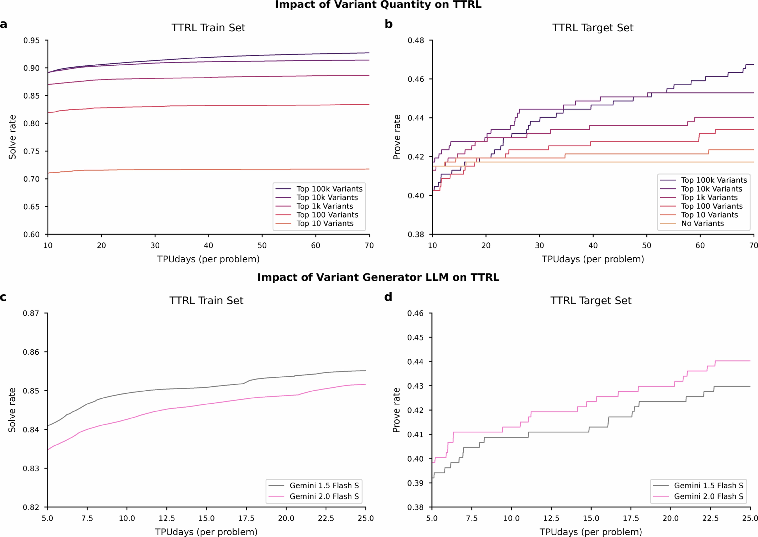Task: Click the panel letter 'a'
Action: tap(4, 24)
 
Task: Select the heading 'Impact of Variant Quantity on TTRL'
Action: tap(378, 5)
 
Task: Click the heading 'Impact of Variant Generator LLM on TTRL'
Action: tap(378, 277)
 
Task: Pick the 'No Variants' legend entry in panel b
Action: tap(702, 224)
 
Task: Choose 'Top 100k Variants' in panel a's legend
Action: tap(329, 189)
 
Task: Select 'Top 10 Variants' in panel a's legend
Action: tap(325, 224)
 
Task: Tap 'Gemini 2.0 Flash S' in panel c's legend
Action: tap(324, 496)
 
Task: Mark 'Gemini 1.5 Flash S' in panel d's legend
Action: tap(708, 485)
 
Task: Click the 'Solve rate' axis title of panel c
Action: tap(12, 410)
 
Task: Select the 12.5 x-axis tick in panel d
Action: tap(551, 518)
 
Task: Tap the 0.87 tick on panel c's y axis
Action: tap(31, 313)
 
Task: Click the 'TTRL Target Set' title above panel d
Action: tap(591, 301)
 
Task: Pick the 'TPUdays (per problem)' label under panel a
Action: tap(208, 259)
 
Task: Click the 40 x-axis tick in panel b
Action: tap(593, 245)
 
